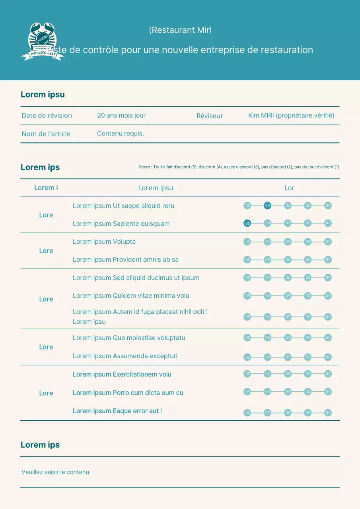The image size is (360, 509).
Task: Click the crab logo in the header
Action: (x=42, y=41)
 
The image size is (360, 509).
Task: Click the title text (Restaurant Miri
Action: (x=180, y=30)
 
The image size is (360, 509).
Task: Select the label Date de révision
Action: (x=47, y=116)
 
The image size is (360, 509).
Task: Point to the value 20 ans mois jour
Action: (x=121, y=115)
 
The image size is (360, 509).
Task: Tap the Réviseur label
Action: (x=210, y=116)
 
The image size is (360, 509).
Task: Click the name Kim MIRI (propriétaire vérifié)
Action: (x=291, y=115)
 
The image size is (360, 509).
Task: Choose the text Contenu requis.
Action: (x=121, y=134)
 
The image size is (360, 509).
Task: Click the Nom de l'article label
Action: (x=46, y=134)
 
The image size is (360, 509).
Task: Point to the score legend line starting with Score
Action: (x=239, y=167)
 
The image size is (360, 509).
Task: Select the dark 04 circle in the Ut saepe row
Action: (x=267, y=206)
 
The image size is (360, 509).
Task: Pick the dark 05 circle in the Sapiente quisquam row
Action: (x=247, y=223)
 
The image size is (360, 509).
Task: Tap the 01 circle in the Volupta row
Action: (x=328, y=242)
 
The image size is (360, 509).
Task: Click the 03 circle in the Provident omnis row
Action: (x=288, y=260)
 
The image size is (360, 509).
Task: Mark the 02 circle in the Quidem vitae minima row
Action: (x=307, y=296)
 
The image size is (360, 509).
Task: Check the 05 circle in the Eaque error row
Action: (x=247, y=413)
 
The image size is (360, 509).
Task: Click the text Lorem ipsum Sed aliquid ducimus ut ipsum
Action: (x=136, y=278)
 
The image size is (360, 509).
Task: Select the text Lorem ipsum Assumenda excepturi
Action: (x=125, y=356)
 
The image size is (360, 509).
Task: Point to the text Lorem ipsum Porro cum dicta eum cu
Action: (x=128, y=393)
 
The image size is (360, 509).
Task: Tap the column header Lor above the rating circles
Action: (x=289, y=188)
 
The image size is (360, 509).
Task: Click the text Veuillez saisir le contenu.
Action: (x=56, y=472)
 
